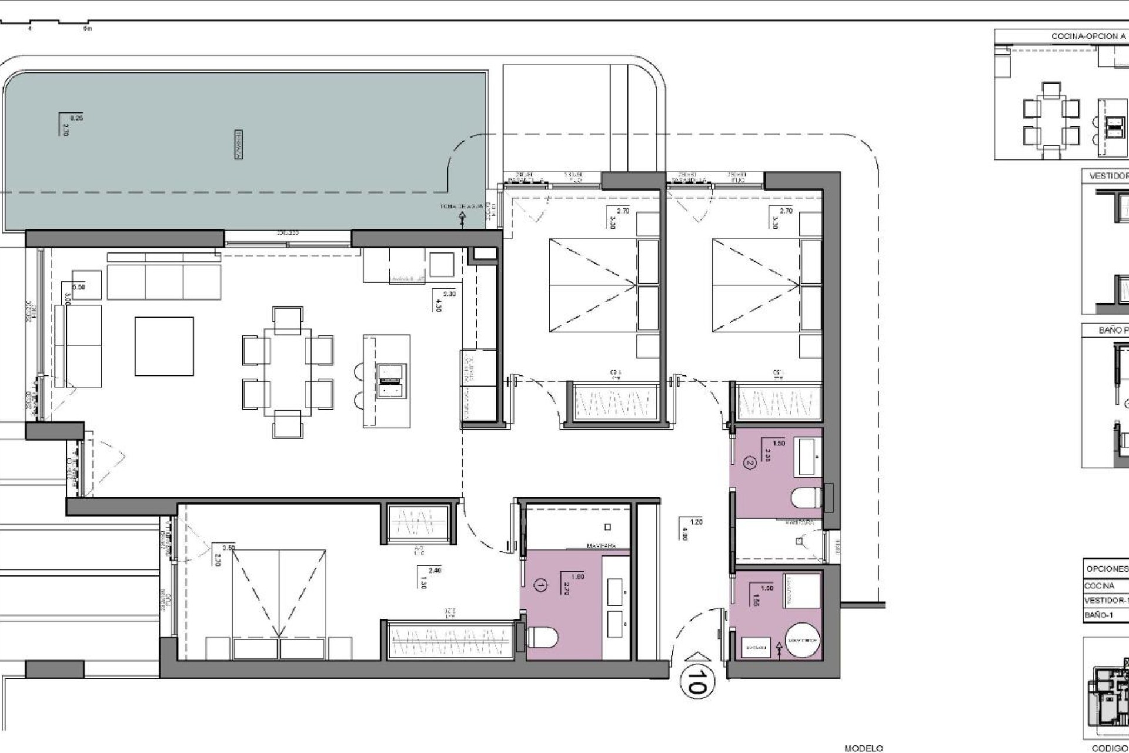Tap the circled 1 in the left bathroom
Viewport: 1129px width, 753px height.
tap(540, 585)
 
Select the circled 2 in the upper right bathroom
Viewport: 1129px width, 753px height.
tap(749, 463)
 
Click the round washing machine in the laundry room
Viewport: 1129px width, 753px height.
tap(802, 639)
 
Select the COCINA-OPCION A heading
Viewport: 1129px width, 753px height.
tap(1088, 36)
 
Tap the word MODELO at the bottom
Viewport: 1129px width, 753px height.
tap(864, 748)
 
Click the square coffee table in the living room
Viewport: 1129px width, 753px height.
tap(164, 346)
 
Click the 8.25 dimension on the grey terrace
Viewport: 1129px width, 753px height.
tap(76, 118)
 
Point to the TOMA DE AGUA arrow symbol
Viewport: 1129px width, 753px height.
tap(462, 219)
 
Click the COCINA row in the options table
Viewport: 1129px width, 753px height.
tap(1100, 586)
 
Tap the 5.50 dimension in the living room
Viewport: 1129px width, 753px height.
tap(78, 287)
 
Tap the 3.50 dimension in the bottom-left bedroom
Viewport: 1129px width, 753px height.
tap(229, 548)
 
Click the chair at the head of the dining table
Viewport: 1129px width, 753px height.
tap(288, 318)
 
